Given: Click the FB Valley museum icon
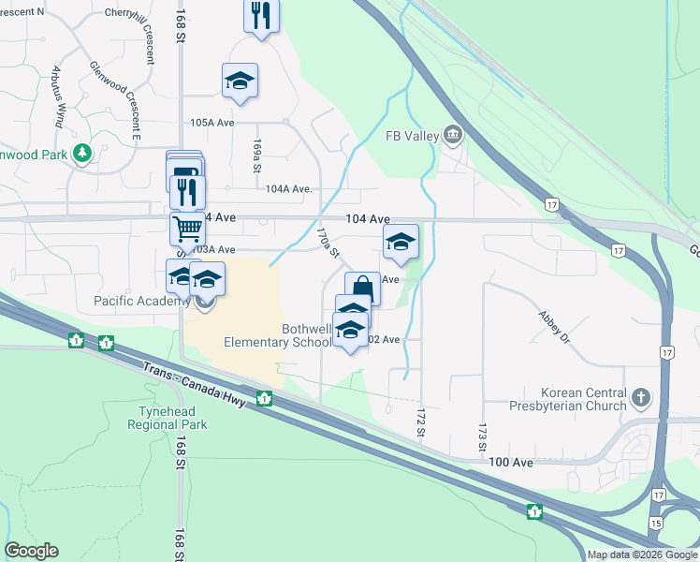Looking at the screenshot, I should [454, 137].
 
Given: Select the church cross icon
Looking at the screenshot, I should [641, 397].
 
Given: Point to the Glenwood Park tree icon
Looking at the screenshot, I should [83, 152].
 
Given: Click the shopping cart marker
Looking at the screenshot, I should [187, 227].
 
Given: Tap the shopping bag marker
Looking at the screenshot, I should [362, 288].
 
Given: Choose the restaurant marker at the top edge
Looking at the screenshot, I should [261, 15].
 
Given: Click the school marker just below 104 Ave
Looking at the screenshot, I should [401, 242].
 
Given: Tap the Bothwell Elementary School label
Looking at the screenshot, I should [278, 335].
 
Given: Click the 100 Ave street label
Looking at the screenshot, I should [511, 463].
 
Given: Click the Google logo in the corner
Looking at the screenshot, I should [32, 551].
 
